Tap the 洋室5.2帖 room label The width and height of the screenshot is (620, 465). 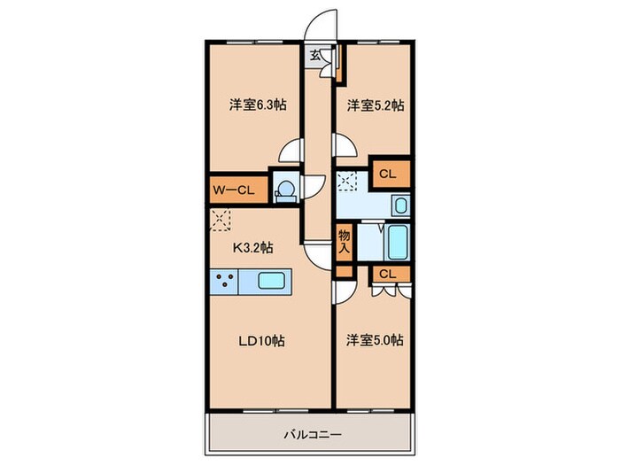tap(375, 105)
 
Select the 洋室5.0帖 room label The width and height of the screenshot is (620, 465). tap(375, 339)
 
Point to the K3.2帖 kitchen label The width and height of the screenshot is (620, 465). tap(252, 247)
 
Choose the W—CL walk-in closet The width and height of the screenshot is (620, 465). tap(234, 190)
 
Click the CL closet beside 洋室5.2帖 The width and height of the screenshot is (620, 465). tap(388, 174)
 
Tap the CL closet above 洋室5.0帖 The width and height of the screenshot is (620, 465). tap(388, 274)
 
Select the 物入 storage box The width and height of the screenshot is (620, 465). tap(345, 242)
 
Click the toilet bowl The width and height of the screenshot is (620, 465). tap(284, 190)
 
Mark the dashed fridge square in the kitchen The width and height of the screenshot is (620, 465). tap(221, 219)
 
